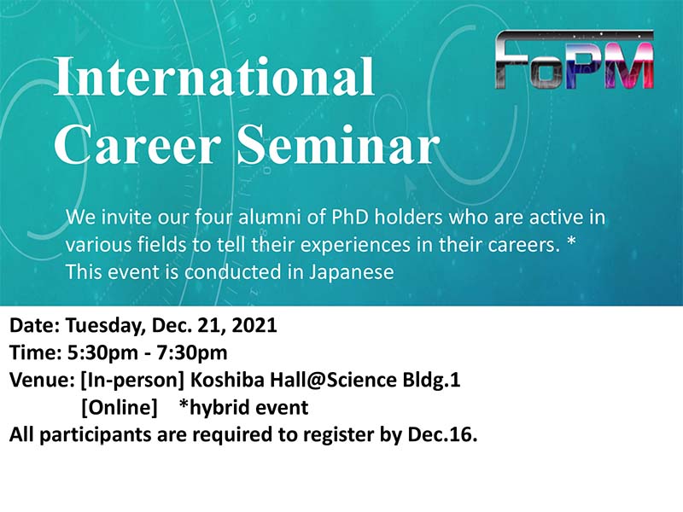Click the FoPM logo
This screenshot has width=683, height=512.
[x=575, y=60]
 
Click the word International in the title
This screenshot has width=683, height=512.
[x=214, y=76]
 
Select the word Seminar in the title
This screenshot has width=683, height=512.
[x=338, y=144]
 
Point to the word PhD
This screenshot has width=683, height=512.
[x=350, y=217]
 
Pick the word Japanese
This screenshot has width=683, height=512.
[x=352, y=272]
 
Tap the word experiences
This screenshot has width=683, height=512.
[x=355, y=245]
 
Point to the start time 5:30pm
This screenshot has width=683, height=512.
[x=103, y=353]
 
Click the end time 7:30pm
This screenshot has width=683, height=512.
[x=192, y=353]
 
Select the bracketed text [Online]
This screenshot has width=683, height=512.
[x=120, y=408]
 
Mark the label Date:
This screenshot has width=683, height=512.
[x=34, y=326]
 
